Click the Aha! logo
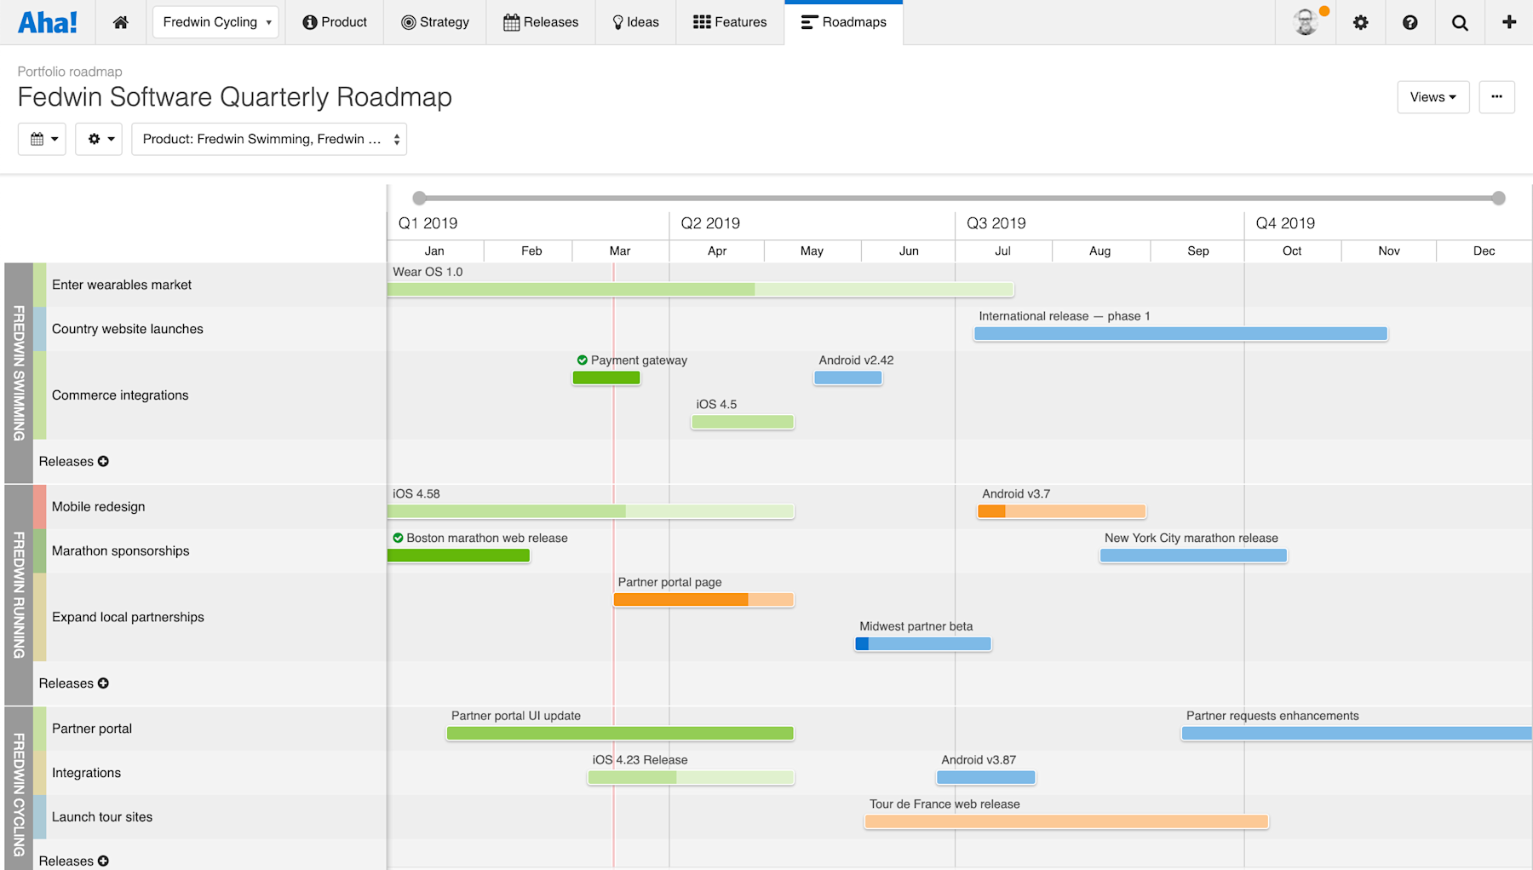(x=48, y=22)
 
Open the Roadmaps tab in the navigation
(x=843, y=22)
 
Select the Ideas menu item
(x=635, y=22)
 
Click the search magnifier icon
(x=1460, y=23)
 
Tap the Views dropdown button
(x=1433, y=97)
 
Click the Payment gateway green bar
(x=606, y=377)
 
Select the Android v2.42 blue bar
(x=847, y=377)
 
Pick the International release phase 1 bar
(x=1180, y=334)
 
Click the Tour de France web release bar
(x=1066, y=821)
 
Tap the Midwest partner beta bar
(x=923, y=644)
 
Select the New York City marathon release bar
(x=1193, y=556)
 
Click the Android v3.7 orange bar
(x=1061, y=511)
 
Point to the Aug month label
(x=1100, y=251)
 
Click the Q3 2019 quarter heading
(x=996, y=223)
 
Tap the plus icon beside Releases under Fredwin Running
(x=103, y=683)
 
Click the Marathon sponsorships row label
(x=120, y=550)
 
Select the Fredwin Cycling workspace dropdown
(x=216, y=22)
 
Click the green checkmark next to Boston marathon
(x=398, y=538)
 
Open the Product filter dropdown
(x=269, y=139)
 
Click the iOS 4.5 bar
(x=743, y=422)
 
